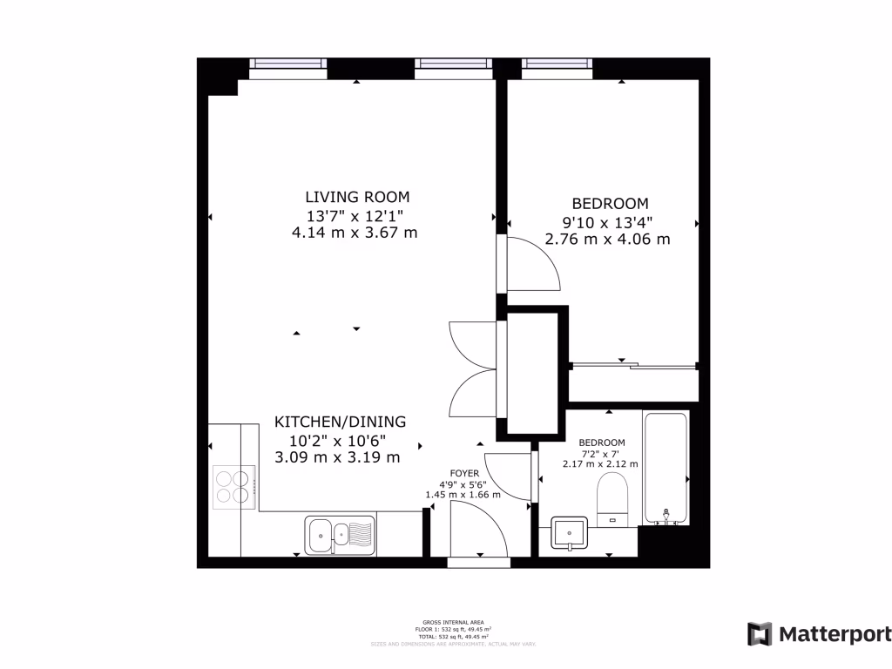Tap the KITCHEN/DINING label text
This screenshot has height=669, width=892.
340,422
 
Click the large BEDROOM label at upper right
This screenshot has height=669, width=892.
608,204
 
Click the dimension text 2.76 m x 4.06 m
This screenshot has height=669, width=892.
608,239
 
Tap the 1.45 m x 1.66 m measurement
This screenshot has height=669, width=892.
463,495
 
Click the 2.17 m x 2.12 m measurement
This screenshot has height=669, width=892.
601,464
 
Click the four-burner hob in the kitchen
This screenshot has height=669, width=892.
233,486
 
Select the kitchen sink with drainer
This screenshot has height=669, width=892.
340,533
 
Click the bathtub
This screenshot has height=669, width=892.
666,468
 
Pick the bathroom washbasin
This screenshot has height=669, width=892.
571,532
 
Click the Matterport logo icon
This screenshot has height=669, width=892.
760,633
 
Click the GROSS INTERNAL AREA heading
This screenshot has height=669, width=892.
453,622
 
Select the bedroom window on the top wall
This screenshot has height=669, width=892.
557,63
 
